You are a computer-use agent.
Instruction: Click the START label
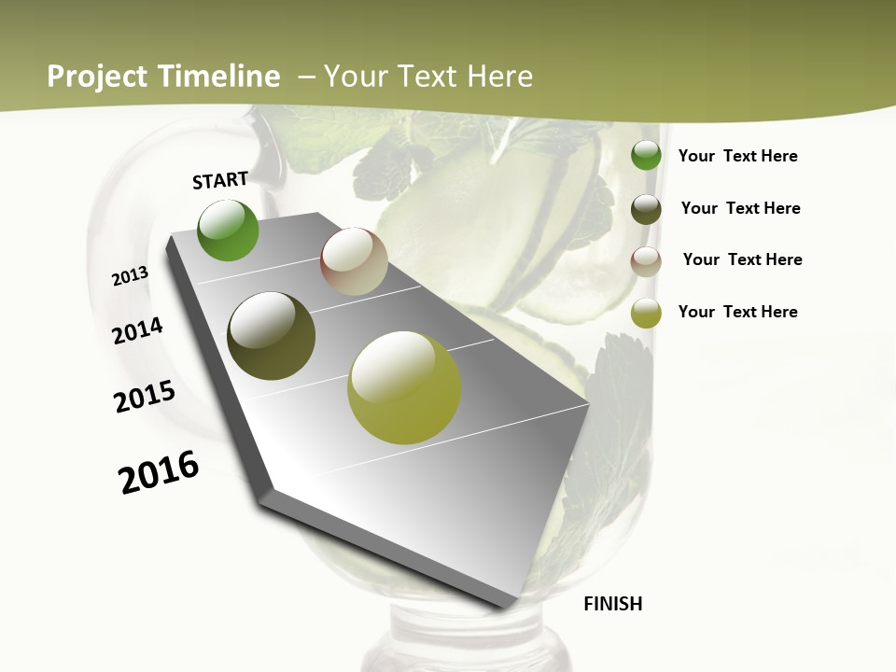(x=220, y=180)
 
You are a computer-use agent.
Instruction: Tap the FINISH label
(x=613, y=604)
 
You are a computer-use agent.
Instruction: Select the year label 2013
(x=130, y=276)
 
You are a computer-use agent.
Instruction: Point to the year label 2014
(x=137, y=331)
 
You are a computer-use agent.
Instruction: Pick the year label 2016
(x=159, y=472)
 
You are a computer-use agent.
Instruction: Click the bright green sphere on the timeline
(x=229, y=231)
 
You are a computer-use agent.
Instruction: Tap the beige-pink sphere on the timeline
(x=354, y=262)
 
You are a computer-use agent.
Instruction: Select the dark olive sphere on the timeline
(x=272, y=336)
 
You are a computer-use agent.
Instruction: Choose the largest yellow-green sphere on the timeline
(x=404, y=387)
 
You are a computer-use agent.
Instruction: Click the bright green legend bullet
(x=646, y=156)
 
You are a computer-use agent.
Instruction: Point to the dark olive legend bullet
(x=646, y=209)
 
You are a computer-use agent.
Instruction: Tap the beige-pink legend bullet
(x=646, y=261)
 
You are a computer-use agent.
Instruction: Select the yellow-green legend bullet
(x=646, y=314)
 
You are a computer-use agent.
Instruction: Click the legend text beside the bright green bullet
(x=737, y=157)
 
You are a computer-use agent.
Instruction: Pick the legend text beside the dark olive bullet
(x=740, y=208)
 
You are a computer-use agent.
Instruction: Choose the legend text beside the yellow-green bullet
(x=737, y=312)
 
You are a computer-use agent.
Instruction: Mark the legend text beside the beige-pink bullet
(x=742, y=259)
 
